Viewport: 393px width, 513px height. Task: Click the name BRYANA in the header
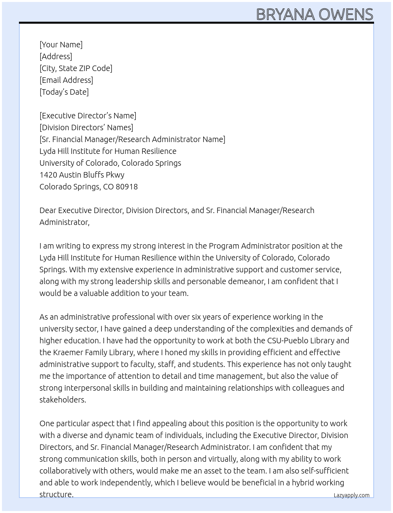pyautogui.click(x=286, y=15)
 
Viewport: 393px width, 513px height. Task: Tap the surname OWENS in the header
pyautogui.click(x=346, y=15)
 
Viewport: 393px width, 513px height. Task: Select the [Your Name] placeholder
pyautogui.click(x=61, y=45)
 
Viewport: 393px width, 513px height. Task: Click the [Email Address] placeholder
pyautogui.click(x=66, y=80)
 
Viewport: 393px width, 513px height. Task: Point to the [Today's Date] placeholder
pyautogui.click(x=64, y=92)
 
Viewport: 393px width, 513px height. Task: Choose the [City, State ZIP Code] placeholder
pyautogui.click(x=76, y=68)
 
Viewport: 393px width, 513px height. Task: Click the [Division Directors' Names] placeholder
pyautogui.click(x=86, y=127)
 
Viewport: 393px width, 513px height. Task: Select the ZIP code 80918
pyautogui.click(x=127, y=187)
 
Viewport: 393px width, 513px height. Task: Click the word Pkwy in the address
pyautogui.click(x=115, y=175)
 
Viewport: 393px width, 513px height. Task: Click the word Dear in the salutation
pyautogui.click(x=48, y=210)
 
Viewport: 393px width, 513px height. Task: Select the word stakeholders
pyautogui.click(x=62, y=400)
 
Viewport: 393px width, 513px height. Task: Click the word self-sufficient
pyautogui.click(x=325, y=471)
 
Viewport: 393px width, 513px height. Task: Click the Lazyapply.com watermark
pyautogui.click(x=351, y=495)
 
